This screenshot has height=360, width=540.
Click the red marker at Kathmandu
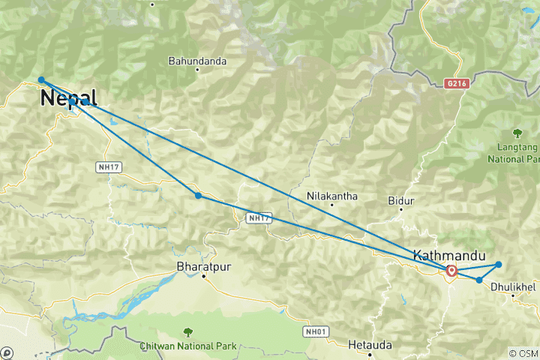[x=451, y=271]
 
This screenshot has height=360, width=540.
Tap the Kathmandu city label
[x=448, y=255]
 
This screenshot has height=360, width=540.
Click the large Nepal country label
[x=68, y=97]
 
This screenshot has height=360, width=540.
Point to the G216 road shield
[x=455, y=84]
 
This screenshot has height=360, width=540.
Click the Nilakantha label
[x=331, y=196]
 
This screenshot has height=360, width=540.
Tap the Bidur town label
[x=401, y=201]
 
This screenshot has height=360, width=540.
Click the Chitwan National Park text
[x=187, y=346]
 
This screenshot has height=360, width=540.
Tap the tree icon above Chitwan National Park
[x=187, y=331]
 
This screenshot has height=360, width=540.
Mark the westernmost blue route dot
[x=41, y=79]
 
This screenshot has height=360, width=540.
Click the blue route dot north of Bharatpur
[x=198, y=196]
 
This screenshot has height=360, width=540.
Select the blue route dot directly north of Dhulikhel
[x=499, y=264]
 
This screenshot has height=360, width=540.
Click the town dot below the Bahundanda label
[x=197, y=70]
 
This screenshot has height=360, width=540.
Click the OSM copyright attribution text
[x=523, y=353]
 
